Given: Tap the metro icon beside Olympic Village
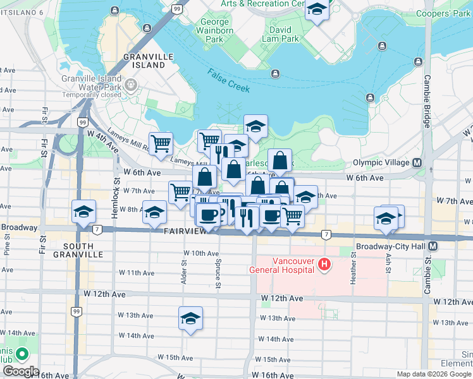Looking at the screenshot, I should pyautogui.click(x=417, y=162).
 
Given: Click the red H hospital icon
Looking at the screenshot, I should pyautogui.click(x=324, y=263).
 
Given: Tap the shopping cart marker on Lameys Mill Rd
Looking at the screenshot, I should pyautogui.click(x=161, y=143).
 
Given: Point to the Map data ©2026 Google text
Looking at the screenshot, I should pyautogui.click(x=434, y=374).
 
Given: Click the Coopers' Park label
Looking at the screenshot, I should pyautogui.click(x=451, y=13).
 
